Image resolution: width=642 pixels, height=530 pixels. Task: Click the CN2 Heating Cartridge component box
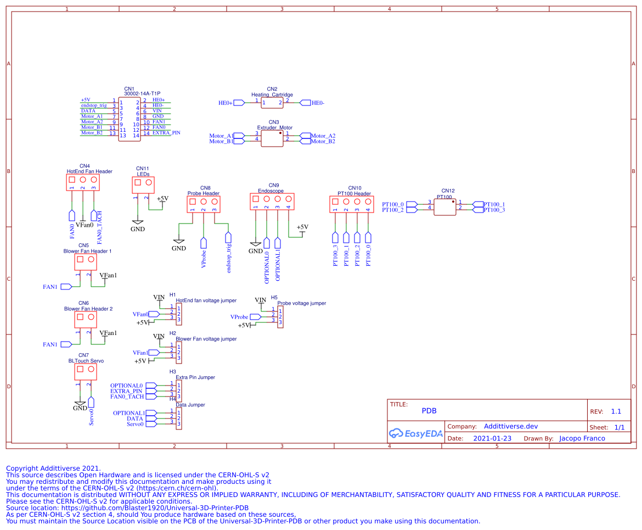pos(272,103)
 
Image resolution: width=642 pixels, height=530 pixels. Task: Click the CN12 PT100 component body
pos(445,207)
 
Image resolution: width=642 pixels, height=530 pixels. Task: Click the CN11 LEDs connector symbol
pos(143,185)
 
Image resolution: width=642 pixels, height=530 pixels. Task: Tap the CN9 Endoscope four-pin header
pos(272,202)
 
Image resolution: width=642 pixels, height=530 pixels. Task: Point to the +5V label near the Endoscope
pos(302,227)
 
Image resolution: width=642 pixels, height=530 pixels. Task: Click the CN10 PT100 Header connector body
pos(351,204)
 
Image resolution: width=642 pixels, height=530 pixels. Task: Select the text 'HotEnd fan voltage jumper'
pos(206,300)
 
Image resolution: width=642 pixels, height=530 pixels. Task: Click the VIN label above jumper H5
pos(261,299)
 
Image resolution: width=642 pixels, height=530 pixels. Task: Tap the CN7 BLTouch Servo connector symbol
pos(85,372)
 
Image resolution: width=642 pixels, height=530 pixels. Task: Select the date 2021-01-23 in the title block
pos(492,438)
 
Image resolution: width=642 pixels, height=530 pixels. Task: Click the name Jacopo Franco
pos(582,438)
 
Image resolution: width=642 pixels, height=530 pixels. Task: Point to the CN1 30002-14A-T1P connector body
pos(129,119)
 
